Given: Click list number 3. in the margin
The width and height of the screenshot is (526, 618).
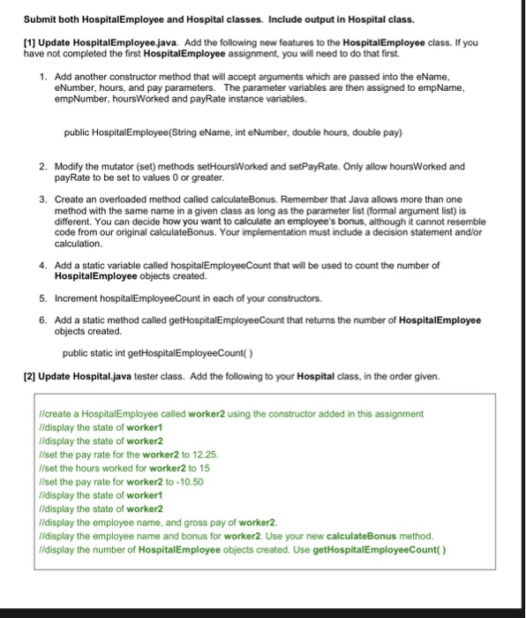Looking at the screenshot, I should (x=44, y=200).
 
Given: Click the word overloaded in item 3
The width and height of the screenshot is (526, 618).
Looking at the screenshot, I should (x=108, y=200).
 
